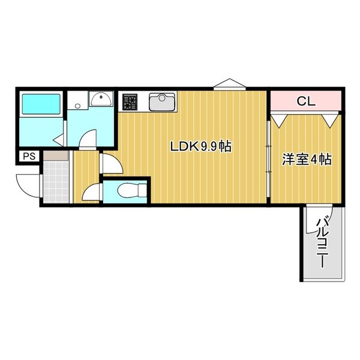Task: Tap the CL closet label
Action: coord(305,101)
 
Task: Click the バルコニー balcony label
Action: coord(323,243)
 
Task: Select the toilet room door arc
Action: coord(90,193)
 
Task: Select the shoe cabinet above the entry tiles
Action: coord(55,155)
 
